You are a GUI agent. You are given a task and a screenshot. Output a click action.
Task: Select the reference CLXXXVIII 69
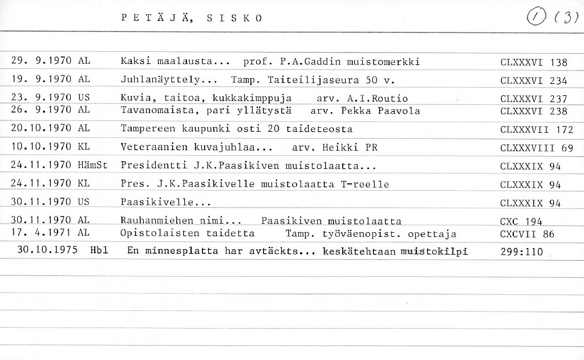click(x=536, y=148)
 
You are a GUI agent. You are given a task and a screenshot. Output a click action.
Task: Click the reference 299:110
click(x=521, y=251)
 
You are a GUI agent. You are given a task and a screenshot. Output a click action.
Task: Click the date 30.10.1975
click(x=47, y=250)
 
